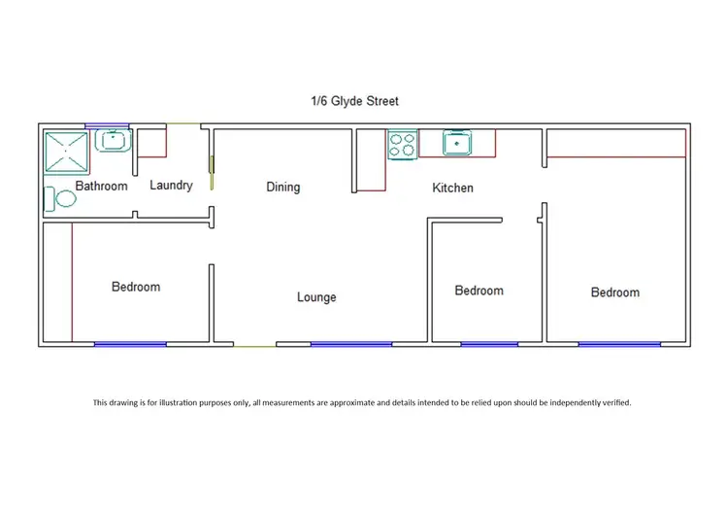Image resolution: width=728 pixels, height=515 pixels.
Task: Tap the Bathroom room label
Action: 101,186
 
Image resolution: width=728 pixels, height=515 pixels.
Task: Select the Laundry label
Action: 171,185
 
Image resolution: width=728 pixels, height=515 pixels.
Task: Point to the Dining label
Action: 282,187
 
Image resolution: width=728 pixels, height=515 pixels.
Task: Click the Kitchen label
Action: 452,188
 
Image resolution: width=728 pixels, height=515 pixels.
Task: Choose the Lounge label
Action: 316,296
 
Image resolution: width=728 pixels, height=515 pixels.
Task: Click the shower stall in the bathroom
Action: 67,151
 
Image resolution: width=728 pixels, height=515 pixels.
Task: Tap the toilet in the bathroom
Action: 63,198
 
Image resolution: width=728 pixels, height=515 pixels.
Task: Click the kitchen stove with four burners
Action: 402,145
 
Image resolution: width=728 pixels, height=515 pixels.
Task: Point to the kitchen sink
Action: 456,144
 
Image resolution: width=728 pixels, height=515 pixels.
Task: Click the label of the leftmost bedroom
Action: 136,287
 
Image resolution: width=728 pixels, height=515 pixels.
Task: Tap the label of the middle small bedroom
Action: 479,291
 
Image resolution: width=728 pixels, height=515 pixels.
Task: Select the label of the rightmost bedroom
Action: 615,292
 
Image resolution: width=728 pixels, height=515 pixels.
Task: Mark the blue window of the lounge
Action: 350,343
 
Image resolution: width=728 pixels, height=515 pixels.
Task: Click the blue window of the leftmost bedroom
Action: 129,343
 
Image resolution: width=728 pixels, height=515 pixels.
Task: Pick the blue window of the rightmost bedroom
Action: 618,343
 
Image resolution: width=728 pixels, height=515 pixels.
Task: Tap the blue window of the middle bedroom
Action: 488,343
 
